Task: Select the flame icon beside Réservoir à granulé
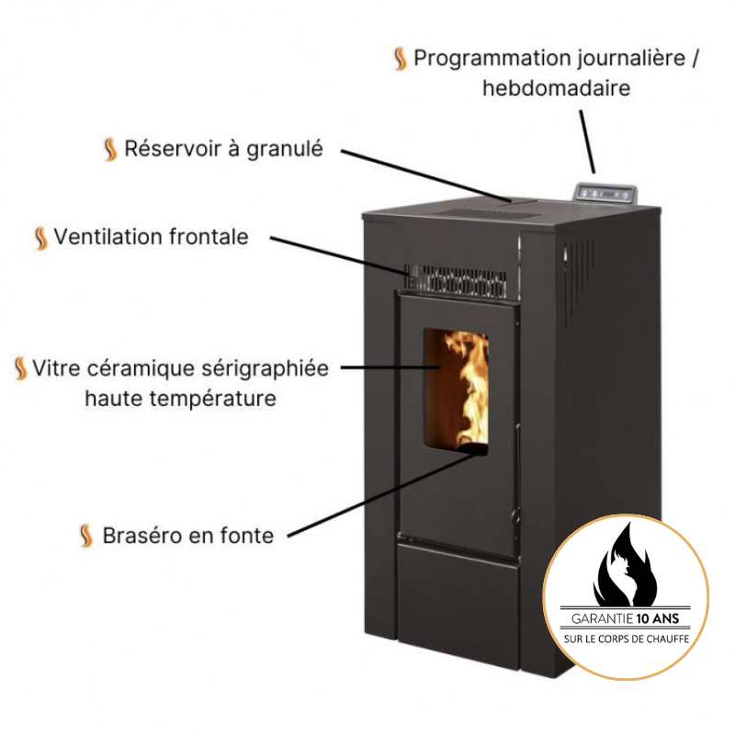click(110, 149)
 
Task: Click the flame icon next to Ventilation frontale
click(40, 238)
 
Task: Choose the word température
click(218, 399)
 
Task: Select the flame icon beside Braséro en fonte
click(86, 536)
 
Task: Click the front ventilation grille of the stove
click(458, 279)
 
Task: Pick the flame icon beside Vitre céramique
click(21, 369)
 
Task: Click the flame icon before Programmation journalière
click(400, 59)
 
